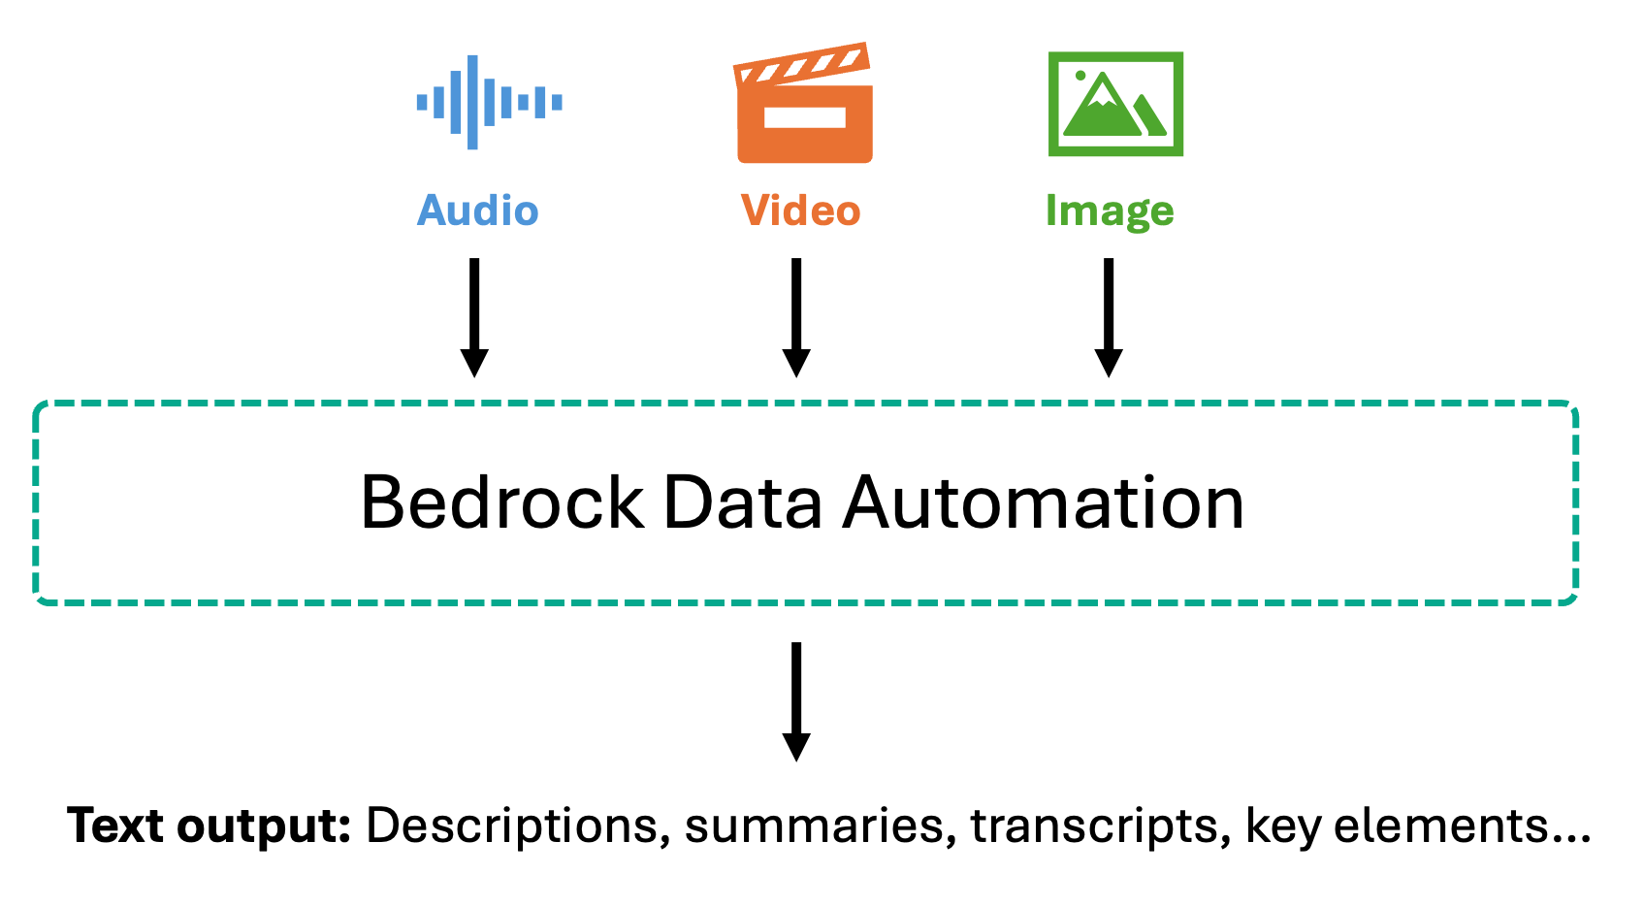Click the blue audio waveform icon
pyautogui.click(x=490, y=102)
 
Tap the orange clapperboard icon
pyautogui.click(x=804, y=102)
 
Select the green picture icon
pyautogui.click(x=1115, y=104)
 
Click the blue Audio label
pyautogui.click(x=478, y=211)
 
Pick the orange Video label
pyautogui.click(x=801, y=211)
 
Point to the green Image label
pyautogui.click(x=1110, y=212)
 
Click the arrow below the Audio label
pyautogui.click(x=475, y=318)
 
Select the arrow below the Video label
pyautogui.click(x=796, y=318)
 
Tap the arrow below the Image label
pyautogui.click(x=1109, y=318)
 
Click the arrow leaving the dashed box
pyautogui.click(x=796, y=702)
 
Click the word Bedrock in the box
pyautogui.click(x=502, y=502)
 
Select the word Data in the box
pyautogui.click(x=743, y=502)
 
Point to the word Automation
pyautogui.click(x=1043, y=502)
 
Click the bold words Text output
pyautogui.click(x=209, y=826)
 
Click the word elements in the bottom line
pyautogui.click(x=1440, y=826)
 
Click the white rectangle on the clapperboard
pyautogui.click(x=805, y=118)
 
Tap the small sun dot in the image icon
pyautogui.click(x=1080, y=76)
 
